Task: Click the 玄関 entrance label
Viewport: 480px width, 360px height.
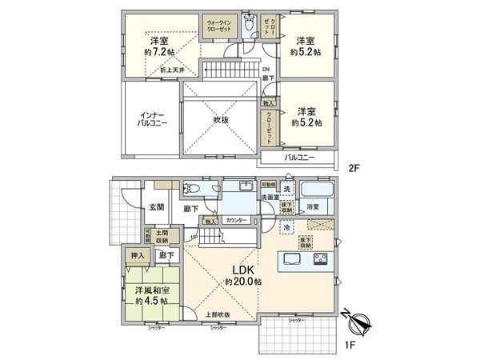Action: click(156, 207)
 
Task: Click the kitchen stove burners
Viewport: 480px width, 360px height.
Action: click(319, 259)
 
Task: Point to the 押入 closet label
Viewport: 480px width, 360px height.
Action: click(138, 255)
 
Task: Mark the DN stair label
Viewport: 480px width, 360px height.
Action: click(266, 70)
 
